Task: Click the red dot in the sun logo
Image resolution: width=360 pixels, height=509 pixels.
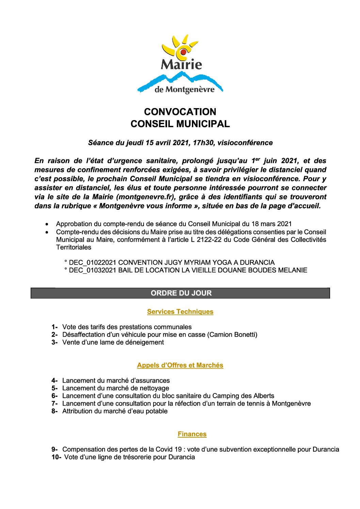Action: [x=183, y=52]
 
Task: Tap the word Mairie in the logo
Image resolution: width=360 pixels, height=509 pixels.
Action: [x=181, y=64]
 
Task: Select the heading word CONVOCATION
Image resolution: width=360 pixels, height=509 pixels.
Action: [x=180, y=112]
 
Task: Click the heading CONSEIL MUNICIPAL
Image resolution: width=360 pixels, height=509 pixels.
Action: [x=180, y=124]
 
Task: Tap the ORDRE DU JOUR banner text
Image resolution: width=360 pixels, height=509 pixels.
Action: [x=181, y=293]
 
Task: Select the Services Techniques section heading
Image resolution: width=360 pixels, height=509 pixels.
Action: [x=180, y=312]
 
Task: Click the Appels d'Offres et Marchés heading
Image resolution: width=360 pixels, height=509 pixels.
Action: [x=180, y=365]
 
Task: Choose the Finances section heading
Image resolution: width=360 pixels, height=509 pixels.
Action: [x=192, y=434]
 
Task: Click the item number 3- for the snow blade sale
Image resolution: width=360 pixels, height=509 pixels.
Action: [x=55, y=342]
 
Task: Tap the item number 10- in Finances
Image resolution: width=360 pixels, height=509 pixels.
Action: [x=56, y=457]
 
